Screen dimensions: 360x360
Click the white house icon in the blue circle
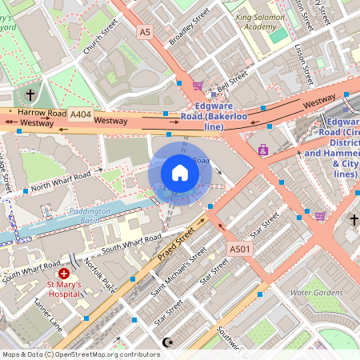tap(180, 172)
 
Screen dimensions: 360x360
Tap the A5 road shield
tap(144, 32)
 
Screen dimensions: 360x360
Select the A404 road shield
tap(80, 115)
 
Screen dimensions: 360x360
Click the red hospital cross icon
tap(64, 274)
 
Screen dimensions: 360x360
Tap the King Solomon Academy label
tap(265, 21)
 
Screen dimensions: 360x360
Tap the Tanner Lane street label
tap(47, 316)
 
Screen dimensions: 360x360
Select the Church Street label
tap(100, 37)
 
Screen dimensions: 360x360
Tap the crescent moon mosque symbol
tap(166, 342)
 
